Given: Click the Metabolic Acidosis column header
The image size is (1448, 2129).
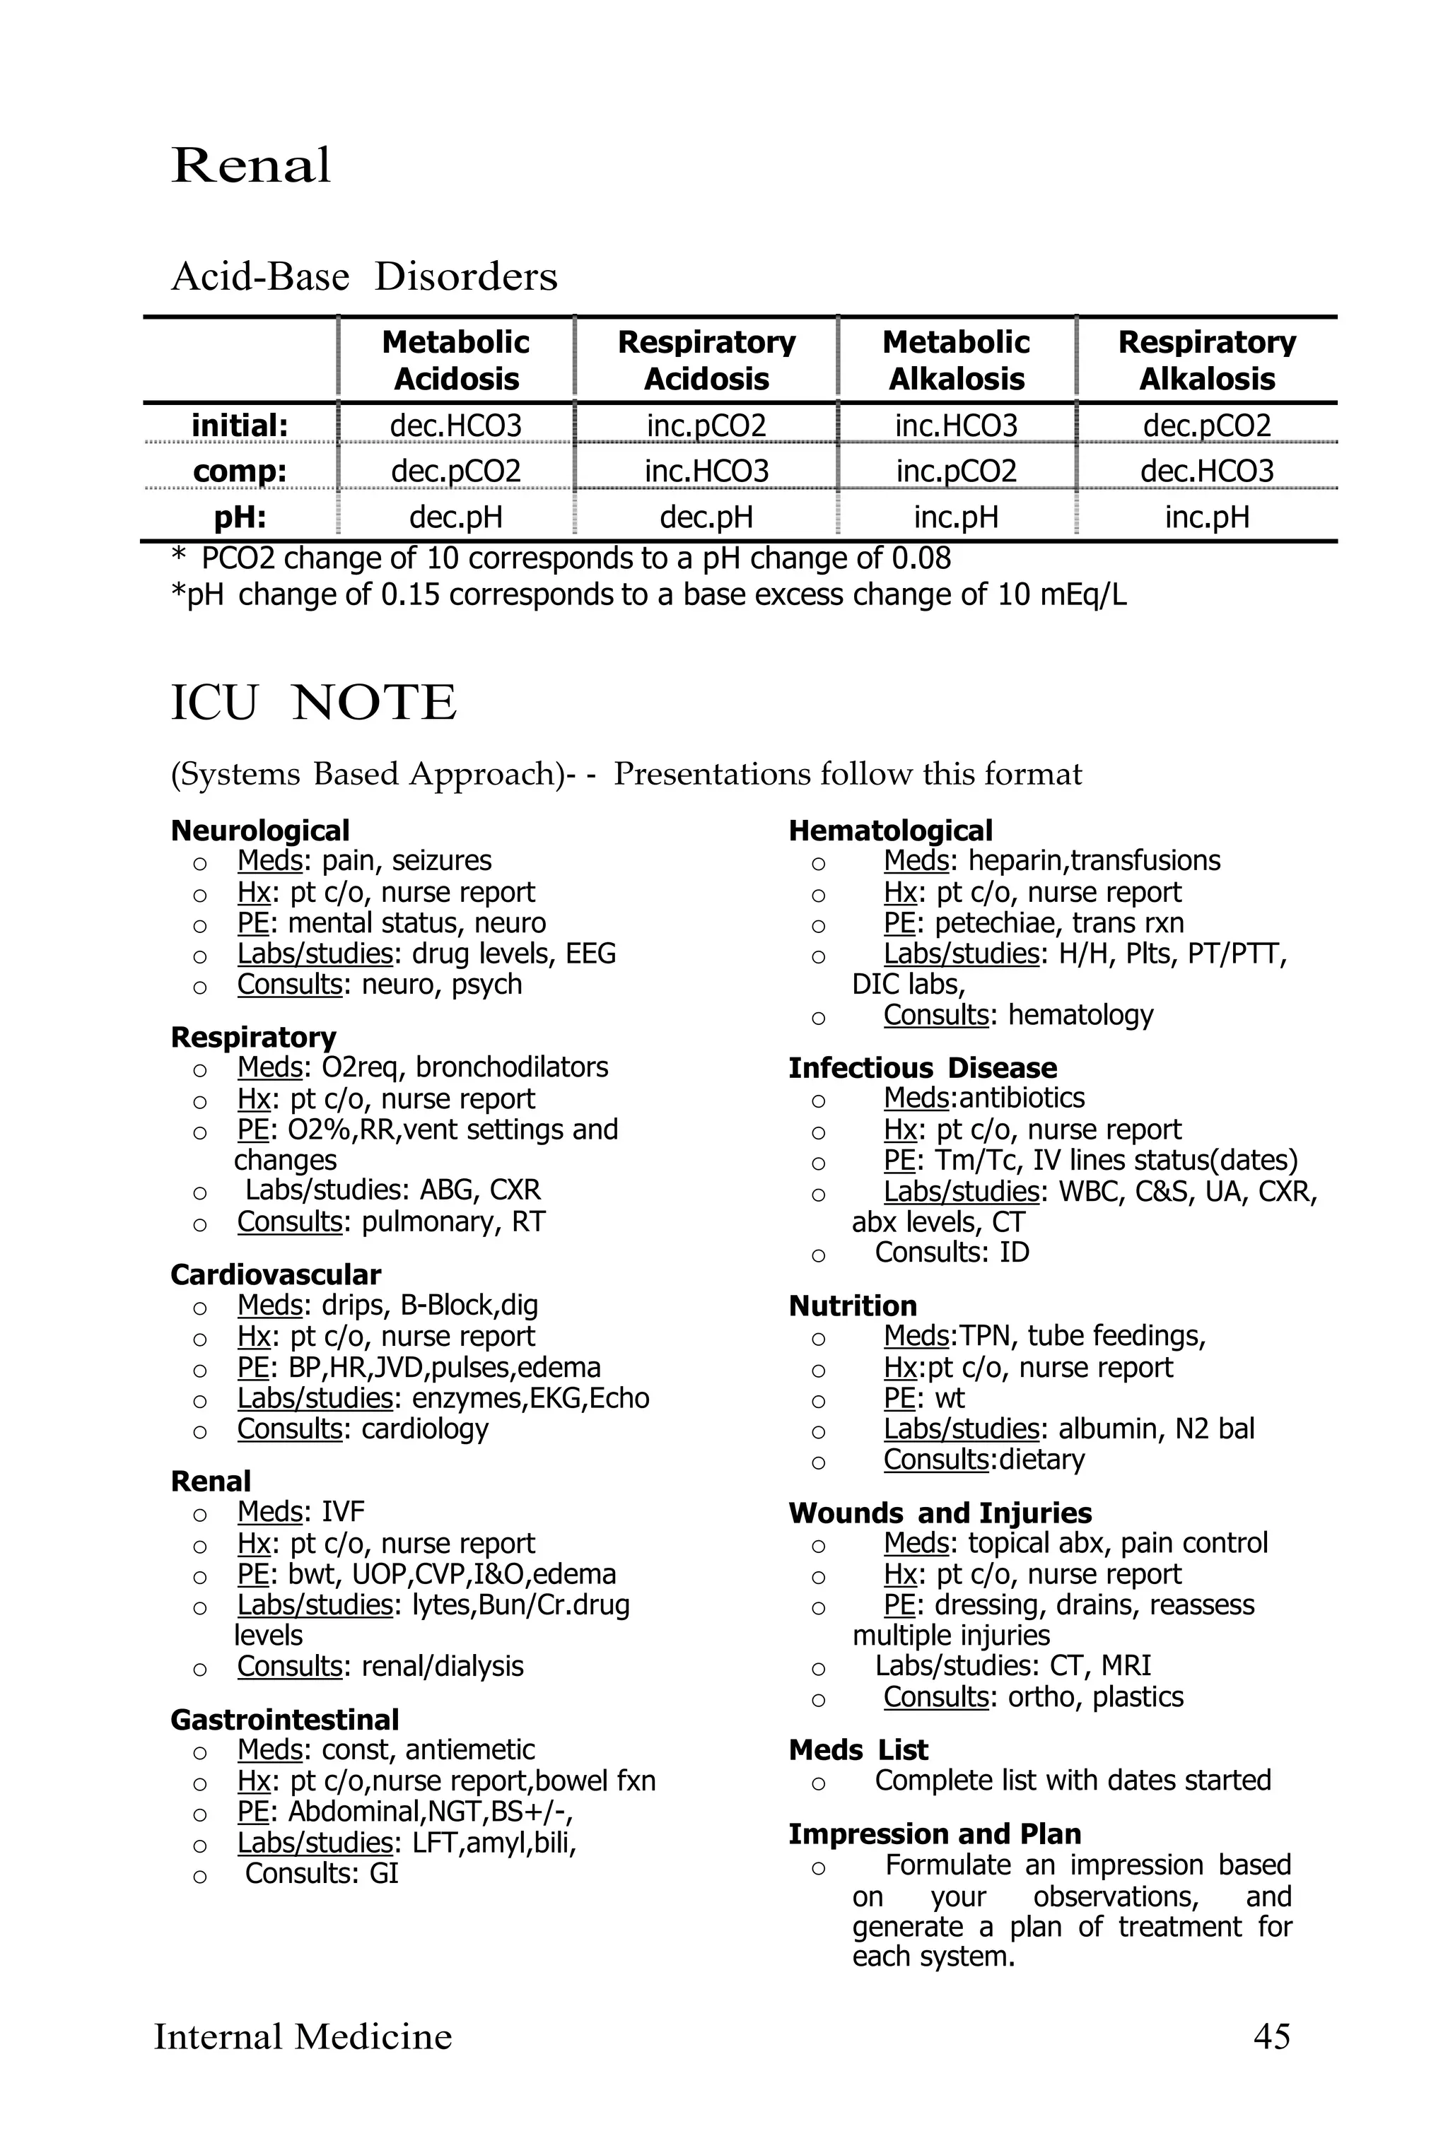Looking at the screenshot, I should [x=455, y=360].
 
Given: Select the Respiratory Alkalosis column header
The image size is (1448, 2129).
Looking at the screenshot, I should [x=1207, y=360].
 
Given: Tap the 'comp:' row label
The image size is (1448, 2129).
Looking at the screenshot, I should [x=240, y=471].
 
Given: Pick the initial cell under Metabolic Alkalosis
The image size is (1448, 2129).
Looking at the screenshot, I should [x=956, y=425].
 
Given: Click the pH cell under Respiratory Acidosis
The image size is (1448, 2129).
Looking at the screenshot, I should [x=706, y=517].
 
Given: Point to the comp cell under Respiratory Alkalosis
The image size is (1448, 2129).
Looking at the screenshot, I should [x=1207, y=471].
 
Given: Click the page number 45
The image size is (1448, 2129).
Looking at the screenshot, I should [x=1271, y=2036].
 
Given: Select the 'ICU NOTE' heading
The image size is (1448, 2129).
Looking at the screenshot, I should [x=313, y=703].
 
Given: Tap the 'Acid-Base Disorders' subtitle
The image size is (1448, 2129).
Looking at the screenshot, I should [x=364, y=276].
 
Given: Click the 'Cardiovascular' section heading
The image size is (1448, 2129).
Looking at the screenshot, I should [x=276, y=1274].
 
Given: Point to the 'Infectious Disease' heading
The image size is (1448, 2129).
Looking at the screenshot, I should [x=922, y=1067].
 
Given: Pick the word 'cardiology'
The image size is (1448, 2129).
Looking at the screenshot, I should [x=424, y=1429].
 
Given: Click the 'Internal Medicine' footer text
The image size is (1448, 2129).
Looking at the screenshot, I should [x=303, y=2036].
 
